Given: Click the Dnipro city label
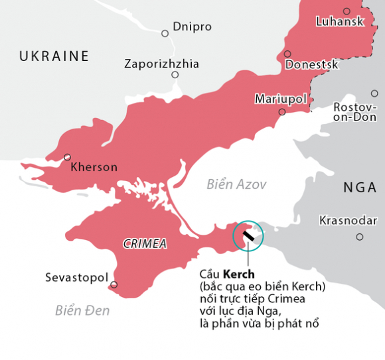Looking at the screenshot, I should tap(192, 27).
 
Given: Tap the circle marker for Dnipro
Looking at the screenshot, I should tap(165, 33).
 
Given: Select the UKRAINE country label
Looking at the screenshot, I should tap(54, 56).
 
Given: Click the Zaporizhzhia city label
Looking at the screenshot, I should tap(161, 64).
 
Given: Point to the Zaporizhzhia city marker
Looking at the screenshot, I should tap(175, 75).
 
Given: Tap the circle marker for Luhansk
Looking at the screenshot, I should tap(346, 11).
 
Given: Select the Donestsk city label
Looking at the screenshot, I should tap(311, 65).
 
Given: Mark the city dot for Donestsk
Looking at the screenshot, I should tap(287, 54).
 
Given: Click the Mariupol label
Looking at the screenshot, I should tap(281, 99).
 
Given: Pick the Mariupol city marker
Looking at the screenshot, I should tap(282, 112).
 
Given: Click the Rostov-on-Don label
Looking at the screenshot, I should tap(354, 112).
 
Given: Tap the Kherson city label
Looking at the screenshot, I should tap(94, 167).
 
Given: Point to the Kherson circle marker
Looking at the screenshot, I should tap(67, 157).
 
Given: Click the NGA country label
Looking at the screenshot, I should tap(360, 188).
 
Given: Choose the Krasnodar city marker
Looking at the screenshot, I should tap(360, 237).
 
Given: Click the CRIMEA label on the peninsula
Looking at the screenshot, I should tap(145, 244).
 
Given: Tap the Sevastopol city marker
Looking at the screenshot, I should tap(114, 285).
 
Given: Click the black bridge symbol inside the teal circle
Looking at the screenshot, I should tap(248, 235).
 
